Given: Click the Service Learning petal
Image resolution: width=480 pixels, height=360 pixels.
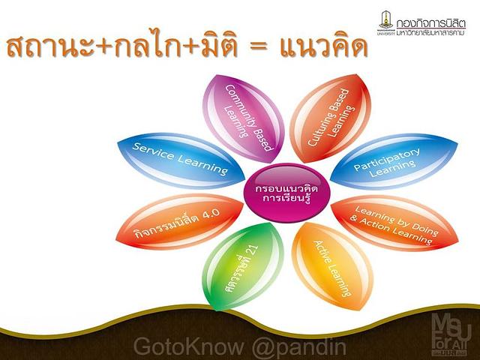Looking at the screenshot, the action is (x=181, y=160).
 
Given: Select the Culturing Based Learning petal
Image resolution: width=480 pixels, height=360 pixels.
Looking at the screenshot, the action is (x=330, y=118).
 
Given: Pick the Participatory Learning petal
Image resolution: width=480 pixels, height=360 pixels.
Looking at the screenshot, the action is (x=394, y=160).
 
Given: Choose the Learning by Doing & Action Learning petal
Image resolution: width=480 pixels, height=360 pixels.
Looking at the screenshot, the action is (x=395, y=223).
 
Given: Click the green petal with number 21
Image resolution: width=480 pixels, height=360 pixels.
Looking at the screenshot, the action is (x=243, y=266).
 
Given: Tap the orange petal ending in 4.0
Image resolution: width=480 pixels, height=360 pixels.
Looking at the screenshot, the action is (x=180, y=222).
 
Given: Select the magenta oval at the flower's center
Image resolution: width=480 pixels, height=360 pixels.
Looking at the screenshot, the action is (x=286, y=193).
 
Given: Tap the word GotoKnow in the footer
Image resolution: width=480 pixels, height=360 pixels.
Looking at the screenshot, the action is (x=188, y=346).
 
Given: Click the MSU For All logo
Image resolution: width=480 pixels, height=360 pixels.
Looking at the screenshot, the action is (x=451, y=334).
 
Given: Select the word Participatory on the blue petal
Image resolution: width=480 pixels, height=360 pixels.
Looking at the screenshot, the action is (x=387, y=159).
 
